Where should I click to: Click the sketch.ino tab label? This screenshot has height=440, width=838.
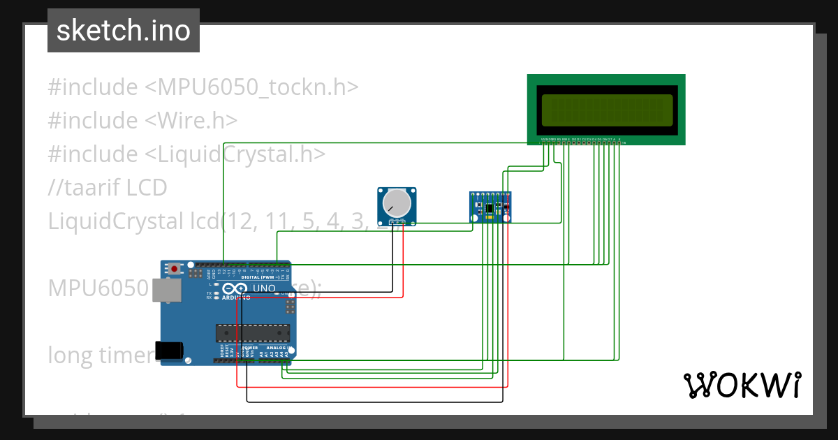(123, 31)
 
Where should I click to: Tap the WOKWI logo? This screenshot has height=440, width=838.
(742, 385)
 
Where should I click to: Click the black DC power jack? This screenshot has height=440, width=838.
(172, 350)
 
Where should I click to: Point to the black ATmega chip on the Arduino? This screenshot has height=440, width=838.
(252, 335)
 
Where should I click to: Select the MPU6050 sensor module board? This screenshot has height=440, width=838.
(490, 207)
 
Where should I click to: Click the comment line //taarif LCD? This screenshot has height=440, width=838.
(108, 188)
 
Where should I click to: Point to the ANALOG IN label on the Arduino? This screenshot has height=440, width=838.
(277, 348)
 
